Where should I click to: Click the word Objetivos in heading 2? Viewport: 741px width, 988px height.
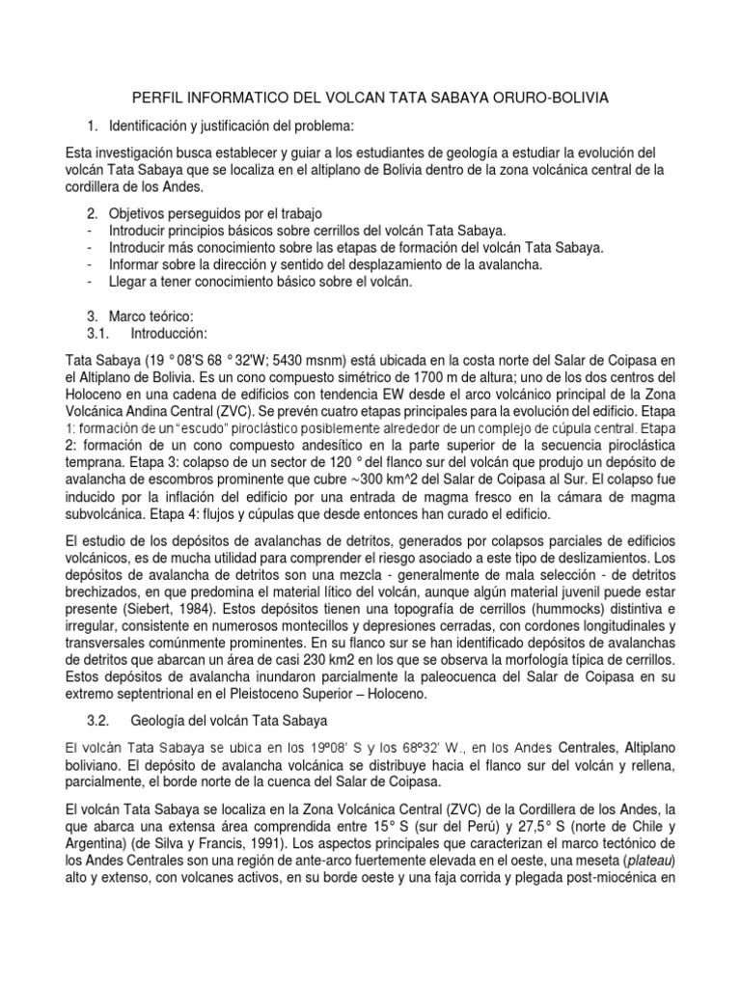pos(141,212)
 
